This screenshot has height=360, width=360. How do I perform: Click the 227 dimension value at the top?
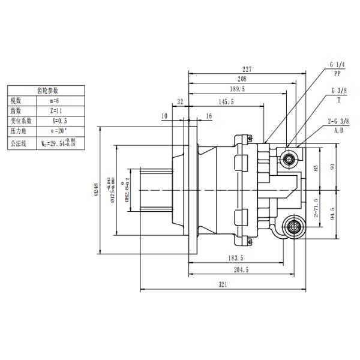tap(247, 69)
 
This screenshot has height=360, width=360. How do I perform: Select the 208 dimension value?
tap(242, 79)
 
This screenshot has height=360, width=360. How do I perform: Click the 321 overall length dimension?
tap(223, 285)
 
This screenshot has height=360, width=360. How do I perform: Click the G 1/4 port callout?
tap(338, 64)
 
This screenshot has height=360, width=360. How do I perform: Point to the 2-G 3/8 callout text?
tap(339, 121)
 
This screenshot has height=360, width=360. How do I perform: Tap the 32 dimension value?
tap(180, 102)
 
